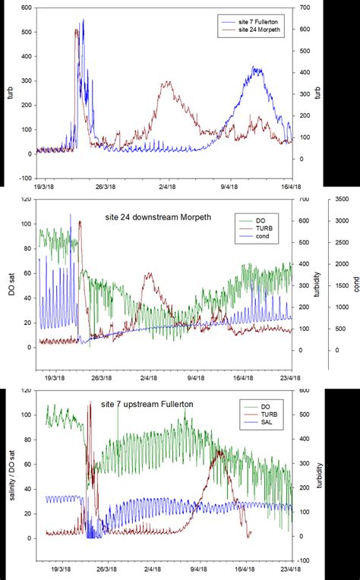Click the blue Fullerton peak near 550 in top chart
(83, 20)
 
